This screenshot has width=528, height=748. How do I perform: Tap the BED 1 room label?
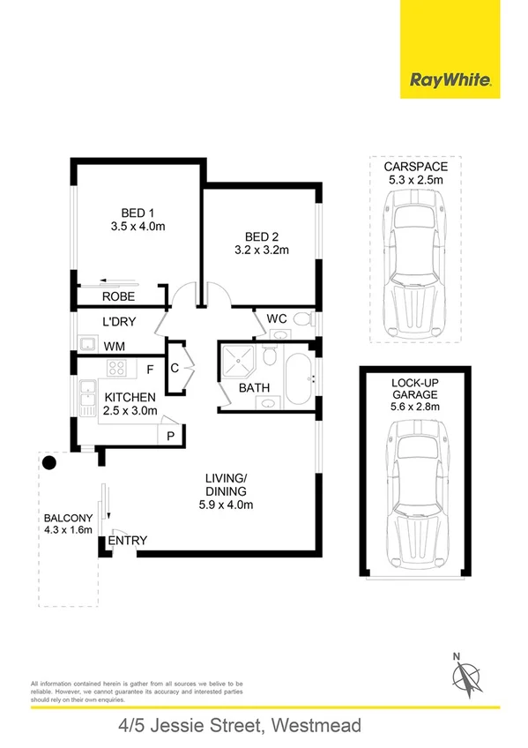[138, 213]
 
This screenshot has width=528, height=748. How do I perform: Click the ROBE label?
[118, 297]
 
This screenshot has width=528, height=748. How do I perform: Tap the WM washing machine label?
[114, 347]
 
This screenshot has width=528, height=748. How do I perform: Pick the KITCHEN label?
[130, 397]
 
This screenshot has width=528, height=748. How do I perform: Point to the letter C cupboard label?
[175, 369]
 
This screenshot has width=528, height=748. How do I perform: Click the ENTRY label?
[128, 541]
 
